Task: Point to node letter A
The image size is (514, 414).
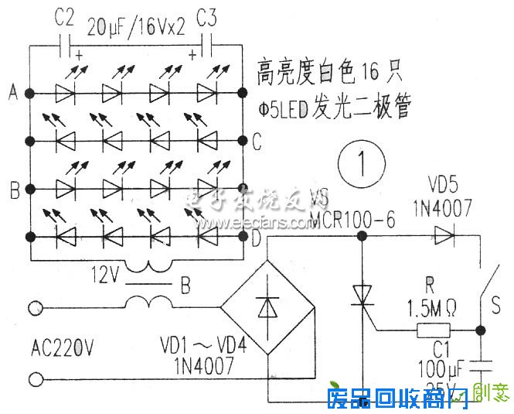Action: coord(12,94)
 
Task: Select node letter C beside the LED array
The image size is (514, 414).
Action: coord(257,141)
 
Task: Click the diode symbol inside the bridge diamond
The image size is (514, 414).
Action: coord(267,307)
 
